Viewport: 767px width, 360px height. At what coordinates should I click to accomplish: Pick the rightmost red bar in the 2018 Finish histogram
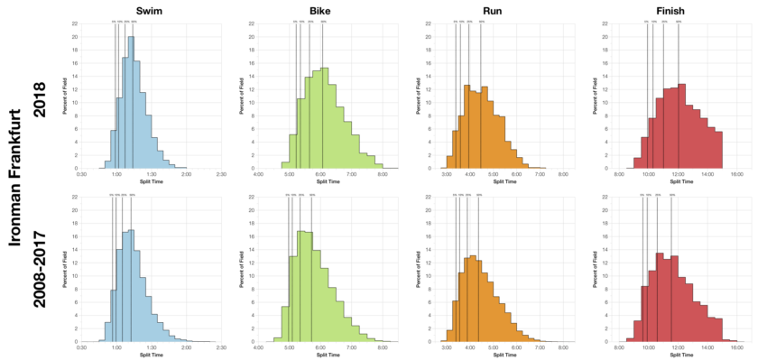(x=718, y=150)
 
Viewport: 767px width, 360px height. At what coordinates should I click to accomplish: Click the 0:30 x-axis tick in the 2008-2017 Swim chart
(x=81, y=347)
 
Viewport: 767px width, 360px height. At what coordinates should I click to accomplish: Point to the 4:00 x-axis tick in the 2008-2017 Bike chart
(x=259, y=347)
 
